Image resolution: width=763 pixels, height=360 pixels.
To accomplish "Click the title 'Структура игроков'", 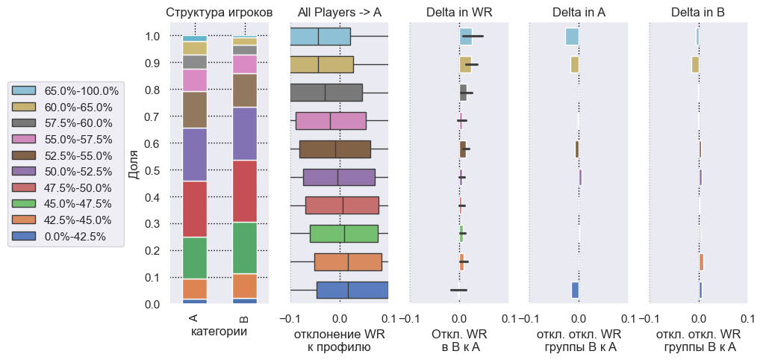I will tap(219, 12).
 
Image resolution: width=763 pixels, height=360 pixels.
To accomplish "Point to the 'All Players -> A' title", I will tap(339, 12).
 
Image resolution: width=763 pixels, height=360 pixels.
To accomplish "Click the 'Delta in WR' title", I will tap(459, 12).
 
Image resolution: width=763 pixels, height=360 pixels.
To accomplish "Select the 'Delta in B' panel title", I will tap(698, 12).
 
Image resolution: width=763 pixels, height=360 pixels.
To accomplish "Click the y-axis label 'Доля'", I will tap(134, 165).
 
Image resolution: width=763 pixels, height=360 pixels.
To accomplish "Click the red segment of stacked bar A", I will tap(195, 209).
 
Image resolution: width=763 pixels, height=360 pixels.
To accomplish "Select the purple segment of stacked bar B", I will tap(245, 134).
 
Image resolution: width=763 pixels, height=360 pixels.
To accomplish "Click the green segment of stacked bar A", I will tap(195, 258).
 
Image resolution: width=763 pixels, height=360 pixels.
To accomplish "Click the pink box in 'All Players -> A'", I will tap(331, 121).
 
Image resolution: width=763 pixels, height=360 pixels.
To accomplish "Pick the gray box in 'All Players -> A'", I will tap(326, 93).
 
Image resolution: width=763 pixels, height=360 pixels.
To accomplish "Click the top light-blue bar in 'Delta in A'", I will tap(572, 36).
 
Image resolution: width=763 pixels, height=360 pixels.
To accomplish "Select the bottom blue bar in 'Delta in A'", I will tap(575, 290).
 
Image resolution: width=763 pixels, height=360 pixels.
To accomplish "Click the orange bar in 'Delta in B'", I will tap(701, 262).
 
